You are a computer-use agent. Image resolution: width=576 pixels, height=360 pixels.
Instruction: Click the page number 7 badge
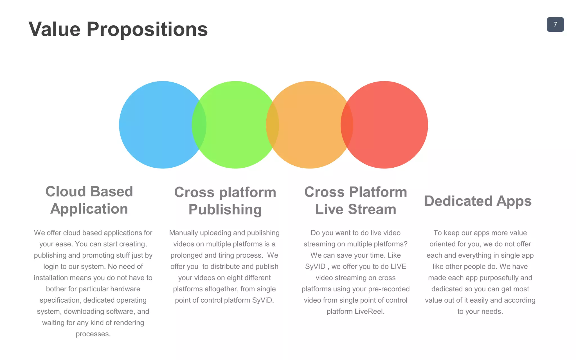click(x=555, y=24)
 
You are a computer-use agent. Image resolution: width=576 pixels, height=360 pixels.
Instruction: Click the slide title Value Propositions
click(x=118, y=29)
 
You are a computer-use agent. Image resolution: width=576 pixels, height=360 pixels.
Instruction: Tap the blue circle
click(x=157, y=125)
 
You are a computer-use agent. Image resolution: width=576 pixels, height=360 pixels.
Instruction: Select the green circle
click(x=236, y=125)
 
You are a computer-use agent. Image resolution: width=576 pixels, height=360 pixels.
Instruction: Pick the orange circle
click(x=309, y=125)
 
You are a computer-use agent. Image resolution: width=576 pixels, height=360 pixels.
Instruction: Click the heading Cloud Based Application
click(x=89, y=200)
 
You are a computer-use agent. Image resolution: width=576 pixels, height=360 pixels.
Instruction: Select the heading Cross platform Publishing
click(x=225, y=201)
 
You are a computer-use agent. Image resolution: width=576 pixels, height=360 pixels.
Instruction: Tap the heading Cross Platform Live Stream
click(x=355, y=201)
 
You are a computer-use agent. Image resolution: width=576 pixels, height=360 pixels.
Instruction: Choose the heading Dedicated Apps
click(x=478, y=201)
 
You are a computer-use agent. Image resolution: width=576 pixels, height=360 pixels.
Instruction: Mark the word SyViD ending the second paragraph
click(x=262, y=300)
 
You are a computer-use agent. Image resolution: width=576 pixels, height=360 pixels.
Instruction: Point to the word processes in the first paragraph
click(x=93, y=334)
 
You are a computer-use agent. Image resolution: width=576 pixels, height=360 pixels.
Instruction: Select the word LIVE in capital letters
click(x=398, y=266)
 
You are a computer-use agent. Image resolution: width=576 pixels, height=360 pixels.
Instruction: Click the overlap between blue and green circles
click(x=199, y=125)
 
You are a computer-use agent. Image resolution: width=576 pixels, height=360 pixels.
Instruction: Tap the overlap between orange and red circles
click(x=347, y=125)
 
